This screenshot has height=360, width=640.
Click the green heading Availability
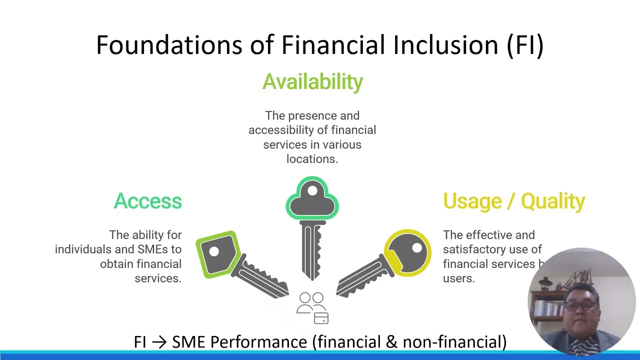(312, 82)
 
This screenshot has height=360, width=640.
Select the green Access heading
(148, 201)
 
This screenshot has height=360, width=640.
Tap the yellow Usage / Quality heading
(513, 201)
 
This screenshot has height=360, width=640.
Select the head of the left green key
(217, 254)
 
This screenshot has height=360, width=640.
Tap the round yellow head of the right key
(408, 252)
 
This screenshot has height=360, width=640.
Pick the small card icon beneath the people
(321, 318)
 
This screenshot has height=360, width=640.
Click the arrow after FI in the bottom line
(158, 342)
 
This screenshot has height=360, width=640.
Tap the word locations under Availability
(312, 159)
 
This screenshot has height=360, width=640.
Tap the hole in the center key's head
(312, 190)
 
